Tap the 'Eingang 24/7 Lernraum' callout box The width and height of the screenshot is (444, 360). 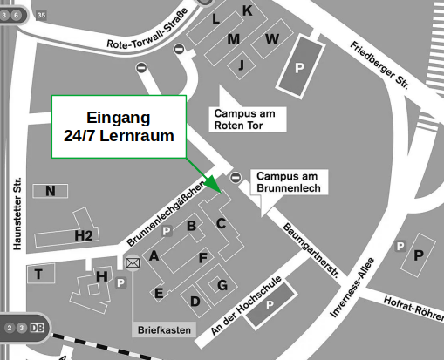(119, 126)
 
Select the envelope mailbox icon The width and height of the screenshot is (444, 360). (133, 262)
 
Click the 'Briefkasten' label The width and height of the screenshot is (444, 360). (164, 330)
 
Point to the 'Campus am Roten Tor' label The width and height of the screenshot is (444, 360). (249, 119)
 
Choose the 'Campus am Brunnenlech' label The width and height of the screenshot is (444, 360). (289, 181)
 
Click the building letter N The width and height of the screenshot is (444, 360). (51, 191)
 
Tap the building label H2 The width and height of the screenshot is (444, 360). (84, 234)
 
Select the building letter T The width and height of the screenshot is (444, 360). (38, 275)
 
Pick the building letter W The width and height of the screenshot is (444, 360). (272, 39)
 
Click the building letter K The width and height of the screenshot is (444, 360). (247, 10)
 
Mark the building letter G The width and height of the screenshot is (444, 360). (222, 285)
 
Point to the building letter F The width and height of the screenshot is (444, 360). (203, 257)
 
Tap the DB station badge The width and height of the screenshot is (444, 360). (37, 328)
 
